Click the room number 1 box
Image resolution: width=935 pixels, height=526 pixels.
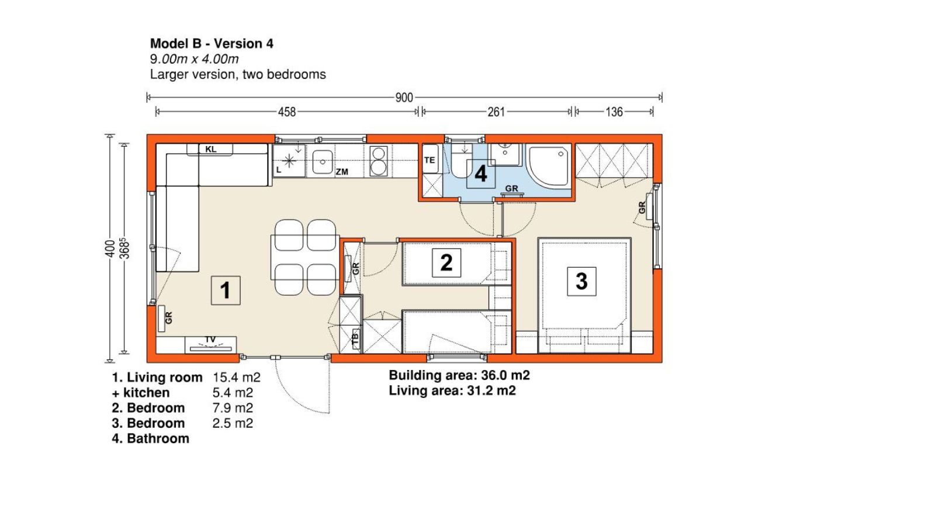pyautogui.click(x=226, y=290)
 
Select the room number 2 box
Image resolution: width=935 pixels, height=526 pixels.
pyautogui.click(x=446, y=262)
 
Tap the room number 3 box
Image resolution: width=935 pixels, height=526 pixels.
pyautogui.click(x=581, y=281)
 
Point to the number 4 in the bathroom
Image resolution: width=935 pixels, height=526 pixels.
pyautogui.click(x=481, y=174)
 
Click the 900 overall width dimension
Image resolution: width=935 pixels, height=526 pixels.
pyautogui.click(x=404, y=98)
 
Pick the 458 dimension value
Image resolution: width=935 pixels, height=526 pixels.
pyautogui.click(x=287, y=112)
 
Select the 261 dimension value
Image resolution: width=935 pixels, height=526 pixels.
pyautogui.click(x=496, y=112)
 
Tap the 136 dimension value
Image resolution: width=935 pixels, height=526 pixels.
pyautogui.click(x=614, y=112)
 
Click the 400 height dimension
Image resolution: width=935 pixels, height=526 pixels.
pyautogui.click(x=110, y=248)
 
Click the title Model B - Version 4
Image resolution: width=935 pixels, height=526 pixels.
pyautogui.click(x=212, y=43)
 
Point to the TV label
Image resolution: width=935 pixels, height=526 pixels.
pyautogui.click(x=210, y=340)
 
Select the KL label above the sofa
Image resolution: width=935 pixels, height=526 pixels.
pyautogui.click(x=211, y=149)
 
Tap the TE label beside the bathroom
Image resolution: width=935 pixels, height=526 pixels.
pyautogui.click(x=430, y=160)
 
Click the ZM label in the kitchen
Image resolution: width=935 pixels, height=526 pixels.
pyautogui.click(x=342, y=172)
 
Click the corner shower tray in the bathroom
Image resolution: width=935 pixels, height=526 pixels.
pyautogui.click(x=549, y=165)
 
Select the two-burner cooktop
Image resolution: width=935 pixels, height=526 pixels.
pyautogui.click(x=379, y=161)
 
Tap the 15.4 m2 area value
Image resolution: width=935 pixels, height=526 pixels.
pyautogui.click(x=237, y=378)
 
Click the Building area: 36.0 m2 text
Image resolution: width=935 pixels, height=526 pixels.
pyautogui.click(x=459, y=375)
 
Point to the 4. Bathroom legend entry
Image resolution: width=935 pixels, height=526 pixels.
pyautogui.click(x=150, y=438)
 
